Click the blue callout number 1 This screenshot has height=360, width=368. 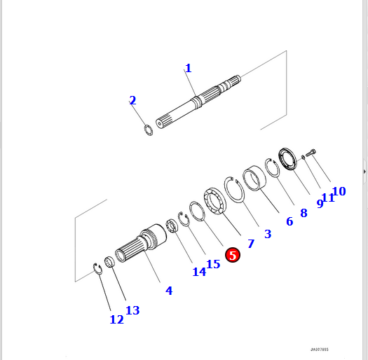point(188,68)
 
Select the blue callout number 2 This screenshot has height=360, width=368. point(132,100)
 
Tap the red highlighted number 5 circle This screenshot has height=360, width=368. point(233,256)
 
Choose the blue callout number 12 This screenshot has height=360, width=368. point(116,319)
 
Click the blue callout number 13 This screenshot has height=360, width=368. point(132,310)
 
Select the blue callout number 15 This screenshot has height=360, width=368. point(213,264)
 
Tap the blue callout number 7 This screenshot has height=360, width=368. point(250,244)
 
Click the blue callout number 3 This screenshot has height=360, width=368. point(267,234)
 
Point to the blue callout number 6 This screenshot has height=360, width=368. point(289,221)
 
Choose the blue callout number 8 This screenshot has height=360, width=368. point(304,212)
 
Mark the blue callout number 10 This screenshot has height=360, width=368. point(339,191)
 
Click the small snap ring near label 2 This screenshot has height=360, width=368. point(148,130)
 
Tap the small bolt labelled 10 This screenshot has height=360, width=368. point(311,152)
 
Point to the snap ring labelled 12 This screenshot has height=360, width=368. point(99,268)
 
